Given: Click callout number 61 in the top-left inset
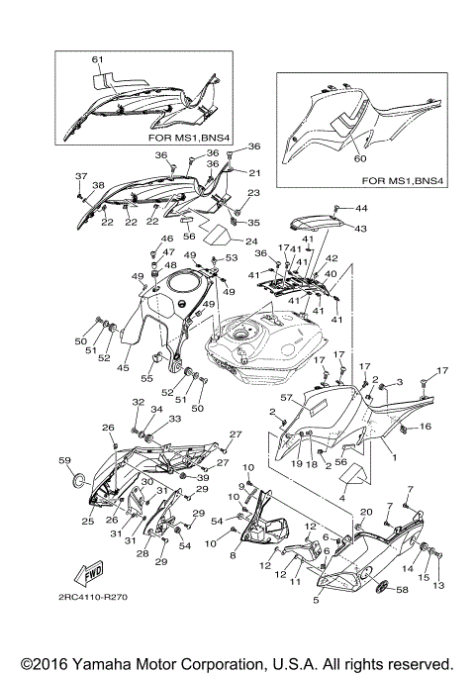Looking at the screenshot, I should coord(98,60).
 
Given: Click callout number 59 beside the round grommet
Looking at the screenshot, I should coord(64,460).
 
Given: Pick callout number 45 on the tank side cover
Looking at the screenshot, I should coord(124,367).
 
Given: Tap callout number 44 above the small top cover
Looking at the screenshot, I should coord(360,209).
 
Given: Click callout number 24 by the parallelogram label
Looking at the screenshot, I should coord(251,241).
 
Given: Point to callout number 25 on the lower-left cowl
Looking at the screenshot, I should coord(87,521).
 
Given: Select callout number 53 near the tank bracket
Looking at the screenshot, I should coord(234,257).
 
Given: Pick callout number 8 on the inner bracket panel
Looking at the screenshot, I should coord(233,557).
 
